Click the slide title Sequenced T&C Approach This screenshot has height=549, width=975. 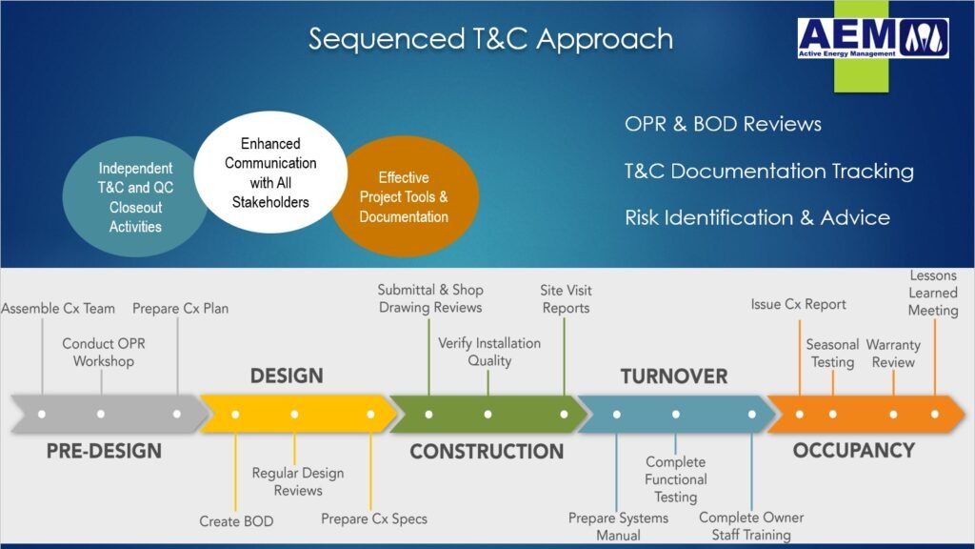[490, 39]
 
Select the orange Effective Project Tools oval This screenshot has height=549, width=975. [403, 196]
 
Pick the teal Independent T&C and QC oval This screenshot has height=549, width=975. [135, 197]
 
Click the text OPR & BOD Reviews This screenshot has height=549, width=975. [723, 124]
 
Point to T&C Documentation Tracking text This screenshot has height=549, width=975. [768, 171]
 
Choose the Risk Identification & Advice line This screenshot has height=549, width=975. [757, 217]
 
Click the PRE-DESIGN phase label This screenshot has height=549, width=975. [104, 450]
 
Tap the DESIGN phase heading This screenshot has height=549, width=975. [287, 376]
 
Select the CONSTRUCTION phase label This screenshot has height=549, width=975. [487, 451]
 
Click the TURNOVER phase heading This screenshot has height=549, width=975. [674, 376]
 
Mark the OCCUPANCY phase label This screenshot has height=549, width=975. [853, 450]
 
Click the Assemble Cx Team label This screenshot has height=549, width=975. [58, 308]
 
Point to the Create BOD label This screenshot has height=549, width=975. [236, 521]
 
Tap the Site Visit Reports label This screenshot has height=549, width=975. [566, 298]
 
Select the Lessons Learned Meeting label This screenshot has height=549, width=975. [933, 293]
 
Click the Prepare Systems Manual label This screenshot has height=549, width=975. [618, 526]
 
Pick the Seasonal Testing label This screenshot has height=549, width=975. [832, 353]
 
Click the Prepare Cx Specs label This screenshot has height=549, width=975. [374, 518]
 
